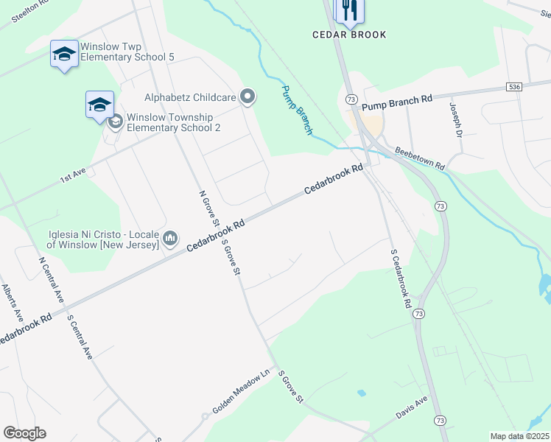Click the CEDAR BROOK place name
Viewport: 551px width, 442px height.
[x=349, y=35]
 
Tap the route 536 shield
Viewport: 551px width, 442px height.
[x=515, y=87]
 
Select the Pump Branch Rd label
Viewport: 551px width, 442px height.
[x=397, y=100]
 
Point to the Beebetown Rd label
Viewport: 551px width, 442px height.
[x=420, y=158]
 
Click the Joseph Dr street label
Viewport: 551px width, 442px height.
[x=455, y=120]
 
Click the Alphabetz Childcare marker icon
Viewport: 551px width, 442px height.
[x=248, y=97]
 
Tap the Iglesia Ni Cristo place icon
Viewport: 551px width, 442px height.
[x=170, y=237]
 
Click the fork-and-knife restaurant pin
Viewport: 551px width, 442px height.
[x=349, y=10]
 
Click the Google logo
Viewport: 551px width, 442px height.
[x=24, y=432]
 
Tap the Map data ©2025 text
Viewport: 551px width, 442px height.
[x=519, y=436]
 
